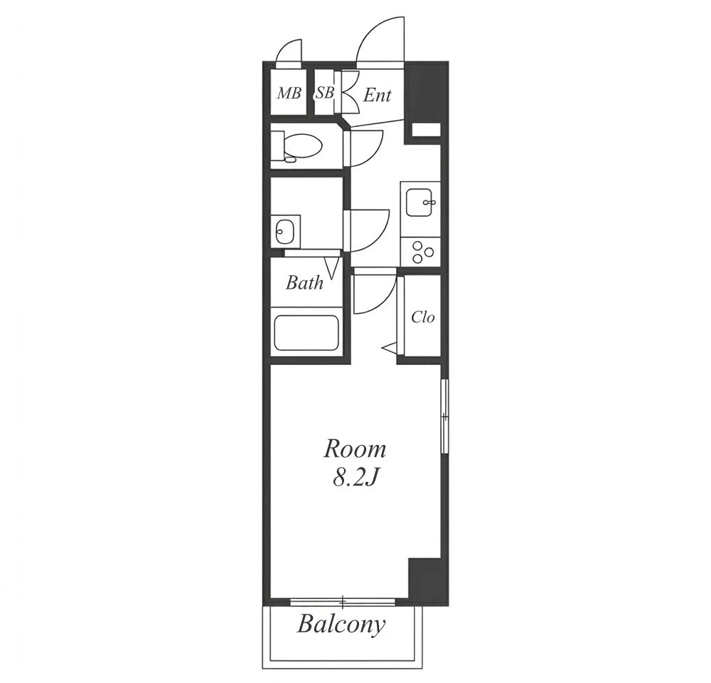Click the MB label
[x=289, y=93]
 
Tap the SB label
[x=325, y=93]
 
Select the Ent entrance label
[x=378, y=96]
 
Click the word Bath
[x=305, y=283]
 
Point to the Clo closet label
[x=422, y=317]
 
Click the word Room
[x=355, y=449]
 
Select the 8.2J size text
[x=355, y=477]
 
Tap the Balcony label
[x=341, y=625]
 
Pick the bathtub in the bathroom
[x=306, y=333]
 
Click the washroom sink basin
[x=285, y=232]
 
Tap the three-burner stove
[x=420, y=252]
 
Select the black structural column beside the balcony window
[x=428, y=581]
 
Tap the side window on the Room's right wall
[x=445, y=416]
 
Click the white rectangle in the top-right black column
[x=426, y=129]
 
